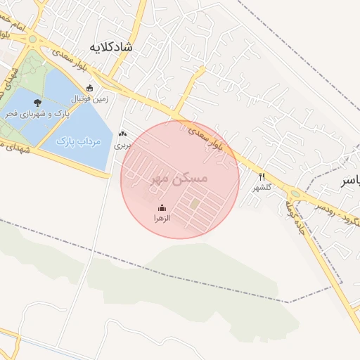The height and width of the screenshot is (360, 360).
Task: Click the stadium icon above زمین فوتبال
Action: (89, 88)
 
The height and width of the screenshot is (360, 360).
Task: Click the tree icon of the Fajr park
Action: (37, 103)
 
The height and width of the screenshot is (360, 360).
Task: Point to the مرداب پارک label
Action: (79, 141)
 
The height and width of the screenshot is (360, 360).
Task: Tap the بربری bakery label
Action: (123, 146)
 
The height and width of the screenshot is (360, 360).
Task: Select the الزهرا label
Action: (162, 219)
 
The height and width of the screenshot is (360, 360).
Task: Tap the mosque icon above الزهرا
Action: (162, 207)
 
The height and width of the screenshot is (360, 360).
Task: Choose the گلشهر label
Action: (262, 188)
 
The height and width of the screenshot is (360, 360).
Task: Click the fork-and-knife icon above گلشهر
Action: (262, 176)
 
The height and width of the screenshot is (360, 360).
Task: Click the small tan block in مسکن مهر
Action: (195, 204)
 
